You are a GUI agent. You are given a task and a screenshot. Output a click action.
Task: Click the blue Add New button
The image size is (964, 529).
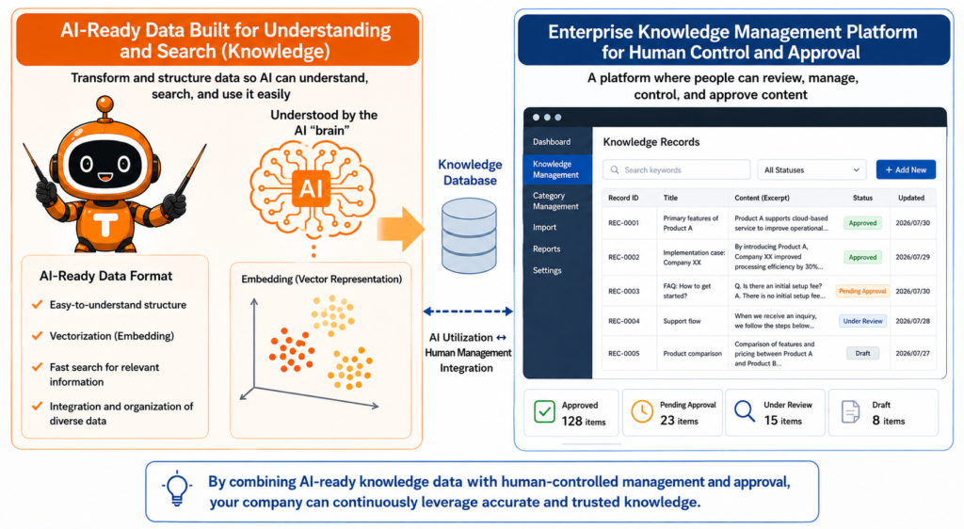906,169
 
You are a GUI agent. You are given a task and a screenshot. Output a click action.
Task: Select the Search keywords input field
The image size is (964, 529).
676,169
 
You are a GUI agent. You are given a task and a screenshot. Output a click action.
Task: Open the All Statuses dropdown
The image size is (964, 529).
811,169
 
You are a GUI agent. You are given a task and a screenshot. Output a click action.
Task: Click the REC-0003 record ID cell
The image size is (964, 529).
623,291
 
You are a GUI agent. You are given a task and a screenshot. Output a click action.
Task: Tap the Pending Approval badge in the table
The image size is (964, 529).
862,291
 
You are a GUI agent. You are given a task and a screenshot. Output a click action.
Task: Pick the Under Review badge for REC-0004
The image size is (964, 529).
862,321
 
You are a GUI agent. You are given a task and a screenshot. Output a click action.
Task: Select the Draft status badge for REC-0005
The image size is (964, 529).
862,353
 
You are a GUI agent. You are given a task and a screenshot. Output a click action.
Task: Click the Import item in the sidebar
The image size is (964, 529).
545,228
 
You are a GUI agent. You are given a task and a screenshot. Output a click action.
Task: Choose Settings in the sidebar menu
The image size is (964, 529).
547,270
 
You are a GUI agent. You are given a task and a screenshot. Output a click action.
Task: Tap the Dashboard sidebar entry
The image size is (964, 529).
552,142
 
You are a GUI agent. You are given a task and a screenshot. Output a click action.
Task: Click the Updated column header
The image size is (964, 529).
911,198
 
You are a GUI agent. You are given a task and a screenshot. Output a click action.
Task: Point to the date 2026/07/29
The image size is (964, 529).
912,257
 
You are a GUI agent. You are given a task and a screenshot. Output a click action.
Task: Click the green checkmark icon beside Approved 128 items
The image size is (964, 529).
544,411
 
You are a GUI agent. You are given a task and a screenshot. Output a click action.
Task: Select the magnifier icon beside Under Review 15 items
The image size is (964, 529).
744,411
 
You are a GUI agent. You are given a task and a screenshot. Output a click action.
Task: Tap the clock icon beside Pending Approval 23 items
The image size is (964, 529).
642,411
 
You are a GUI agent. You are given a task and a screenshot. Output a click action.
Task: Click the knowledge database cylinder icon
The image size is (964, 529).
469,236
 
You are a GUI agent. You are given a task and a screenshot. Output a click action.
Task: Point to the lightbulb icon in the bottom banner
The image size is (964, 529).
177,488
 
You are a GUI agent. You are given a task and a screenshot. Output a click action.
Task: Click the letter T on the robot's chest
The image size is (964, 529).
105,225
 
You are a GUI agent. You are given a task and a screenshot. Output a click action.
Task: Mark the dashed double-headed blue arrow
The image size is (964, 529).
468,312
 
